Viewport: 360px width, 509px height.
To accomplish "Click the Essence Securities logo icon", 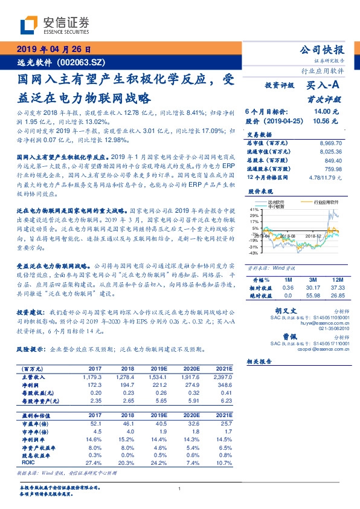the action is click(28, 25).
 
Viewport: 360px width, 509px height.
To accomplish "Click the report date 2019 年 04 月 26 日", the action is click(54, 50).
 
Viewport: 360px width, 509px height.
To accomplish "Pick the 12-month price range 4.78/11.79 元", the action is click(326, 178).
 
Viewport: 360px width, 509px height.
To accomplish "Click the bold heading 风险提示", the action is click(30, 350).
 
